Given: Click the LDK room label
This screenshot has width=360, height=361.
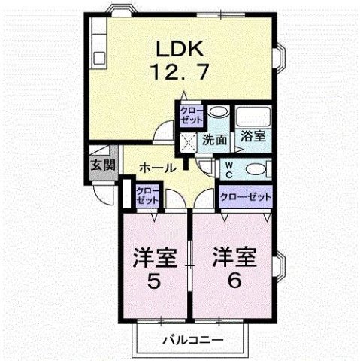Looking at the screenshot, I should [178, 49].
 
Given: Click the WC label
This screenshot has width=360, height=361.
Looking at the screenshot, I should [227, 168].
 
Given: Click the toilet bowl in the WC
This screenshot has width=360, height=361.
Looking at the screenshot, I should [255, 168].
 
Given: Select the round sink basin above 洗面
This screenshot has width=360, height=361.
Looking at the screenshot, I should [216, 113].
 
